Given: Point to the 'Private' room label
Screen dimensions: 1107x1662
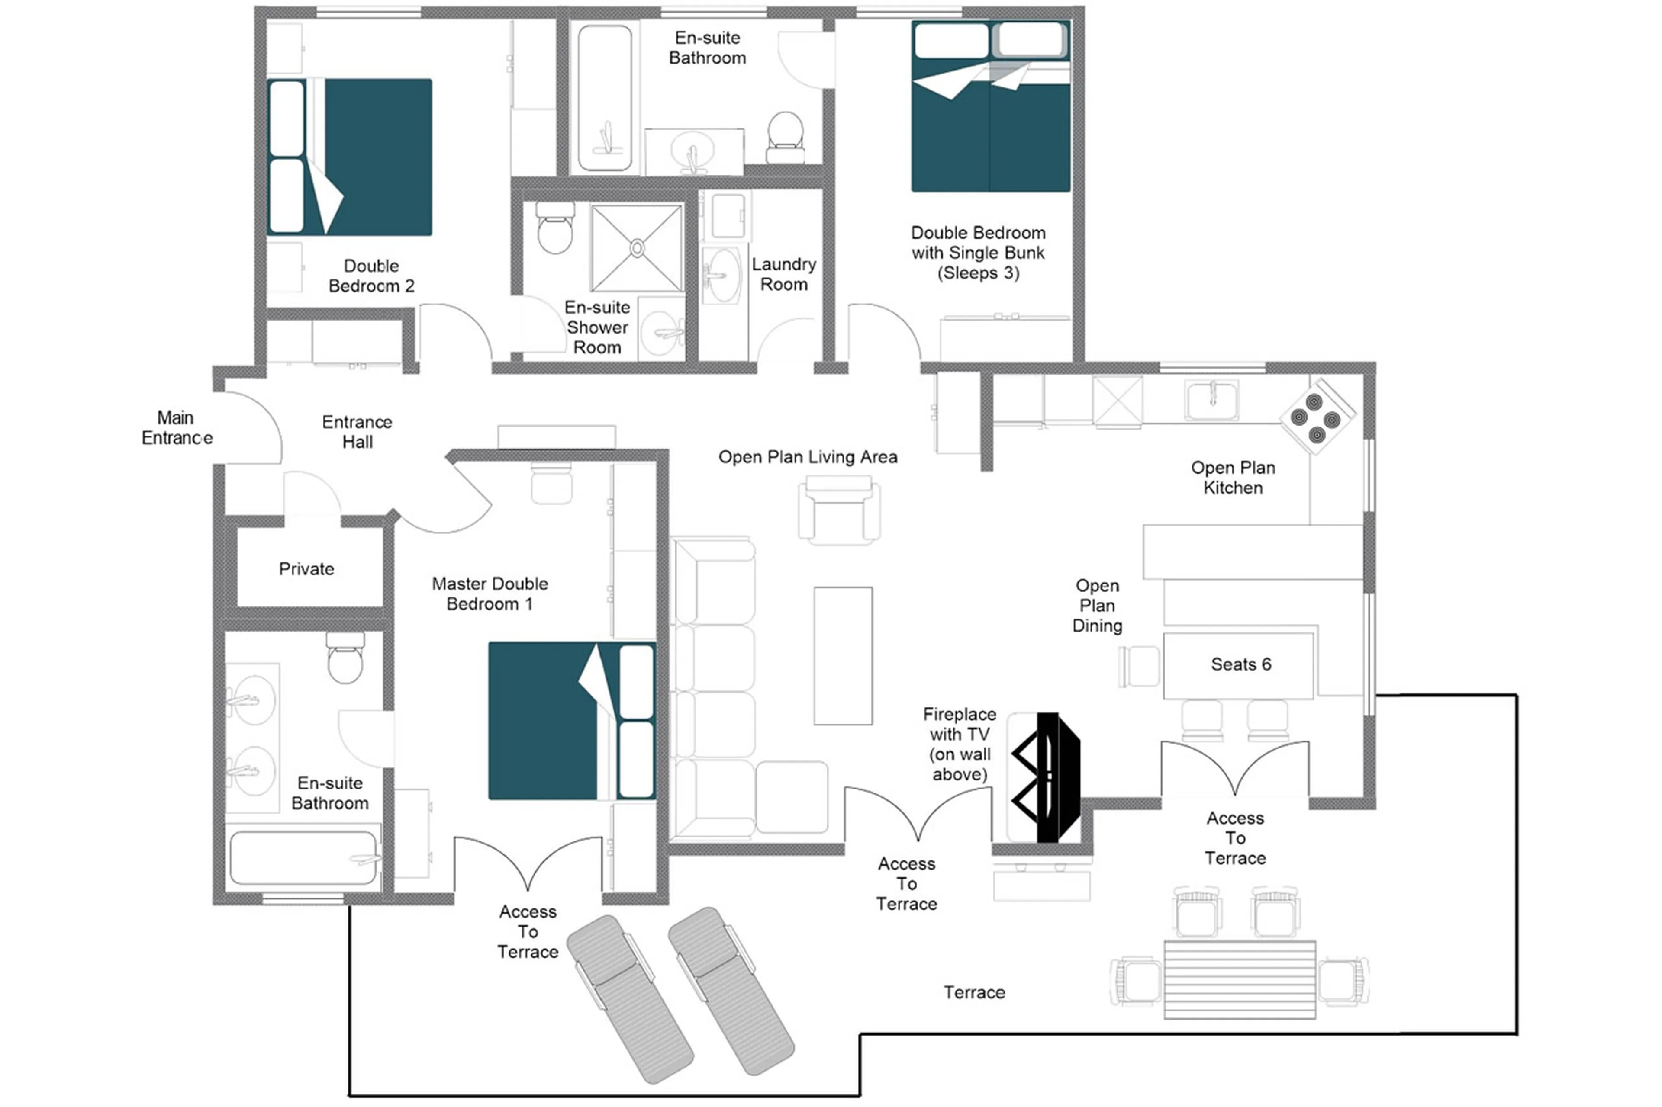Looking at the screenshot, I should point(306,569).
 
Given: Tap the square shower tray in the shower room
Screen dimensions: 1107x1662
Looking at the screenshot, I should point(636,248).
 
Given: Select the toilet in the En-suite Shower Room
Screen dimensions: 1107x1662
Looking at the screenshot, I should point(554,228).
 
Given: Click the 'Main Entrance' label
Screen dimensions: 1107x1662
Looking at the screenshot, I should point(177,428).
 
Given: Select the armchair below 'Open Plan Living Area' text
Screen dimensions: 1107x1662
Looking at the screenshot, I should point(838,510).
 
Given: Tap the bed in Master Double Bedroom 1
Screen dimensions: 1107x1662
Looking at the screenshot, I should point(565,720).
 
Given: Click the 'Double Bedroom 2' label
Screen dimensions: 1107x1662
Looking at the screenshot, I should point(371,276).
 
